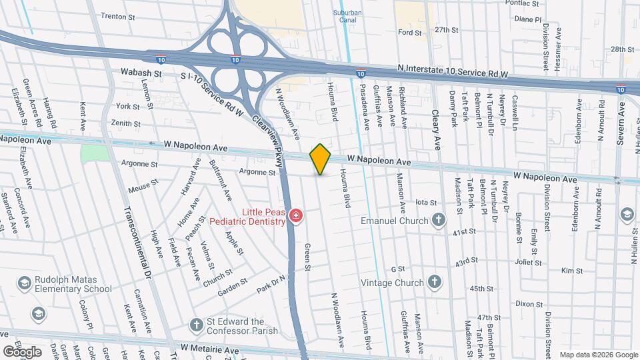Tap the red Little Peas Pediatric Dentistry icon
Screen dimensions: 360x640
[295, 216]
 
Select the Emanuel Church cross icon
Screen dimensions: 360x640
[439, 220]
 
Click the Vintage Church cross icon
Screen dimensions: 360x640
[435, 282]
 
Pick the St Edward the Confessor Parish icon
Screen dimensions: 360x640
[196, 324]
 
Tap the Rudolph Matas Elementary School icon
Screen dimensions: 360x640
[23, 283]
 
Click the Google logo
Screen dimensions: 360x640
[21, 351]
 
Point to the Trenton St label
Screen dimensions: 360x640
[122, 16]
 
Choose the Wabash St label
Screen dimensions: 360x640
[141, 71]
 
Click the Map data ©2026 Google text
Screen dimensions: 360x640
[598, 355]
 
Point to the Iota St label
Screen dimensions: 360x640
[425, 202]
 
